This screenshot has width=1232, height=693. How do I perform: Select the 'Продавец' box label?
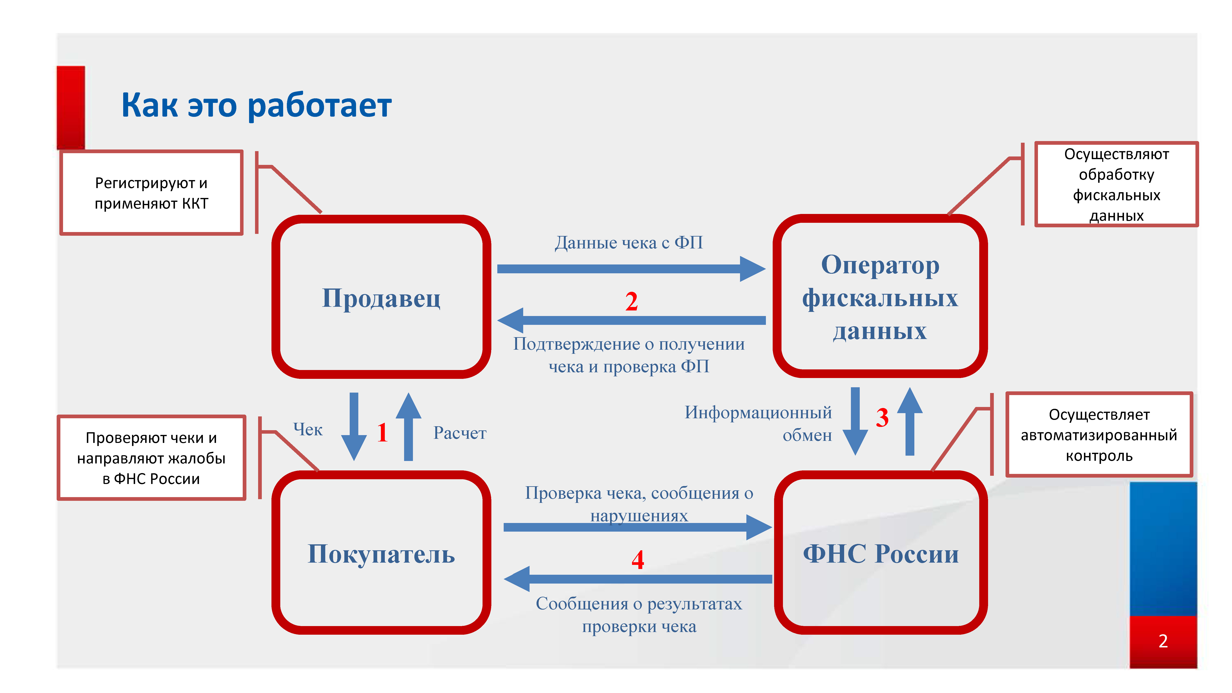click(x=381, y=298)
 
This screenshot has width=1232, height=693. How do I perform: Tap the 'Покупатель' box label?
click(x=381, y=554)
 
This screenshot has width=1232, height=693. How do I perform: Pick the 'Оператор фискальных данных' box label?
click(x=880, y=298)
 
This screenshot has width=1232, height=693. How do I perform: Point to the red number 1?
click(x=382, y=432)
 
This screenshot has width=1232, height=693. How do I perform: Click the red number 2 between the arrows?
click(x=631, y=301)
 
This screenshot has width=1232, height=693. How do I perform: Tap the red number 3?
click(x=882, y=417)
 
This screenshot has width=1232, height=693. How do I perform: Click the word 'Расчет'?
click(x=460, y=433)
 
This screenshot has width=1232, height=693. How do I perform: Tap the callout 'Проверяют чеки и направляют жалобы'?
click(x=151, y=458)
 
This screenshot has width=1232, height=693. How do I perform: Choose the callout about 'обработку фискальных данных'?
click(x=1116, y=184)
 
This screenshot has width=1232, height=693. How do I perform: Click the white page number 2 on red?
click(x=1163, y=641)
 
